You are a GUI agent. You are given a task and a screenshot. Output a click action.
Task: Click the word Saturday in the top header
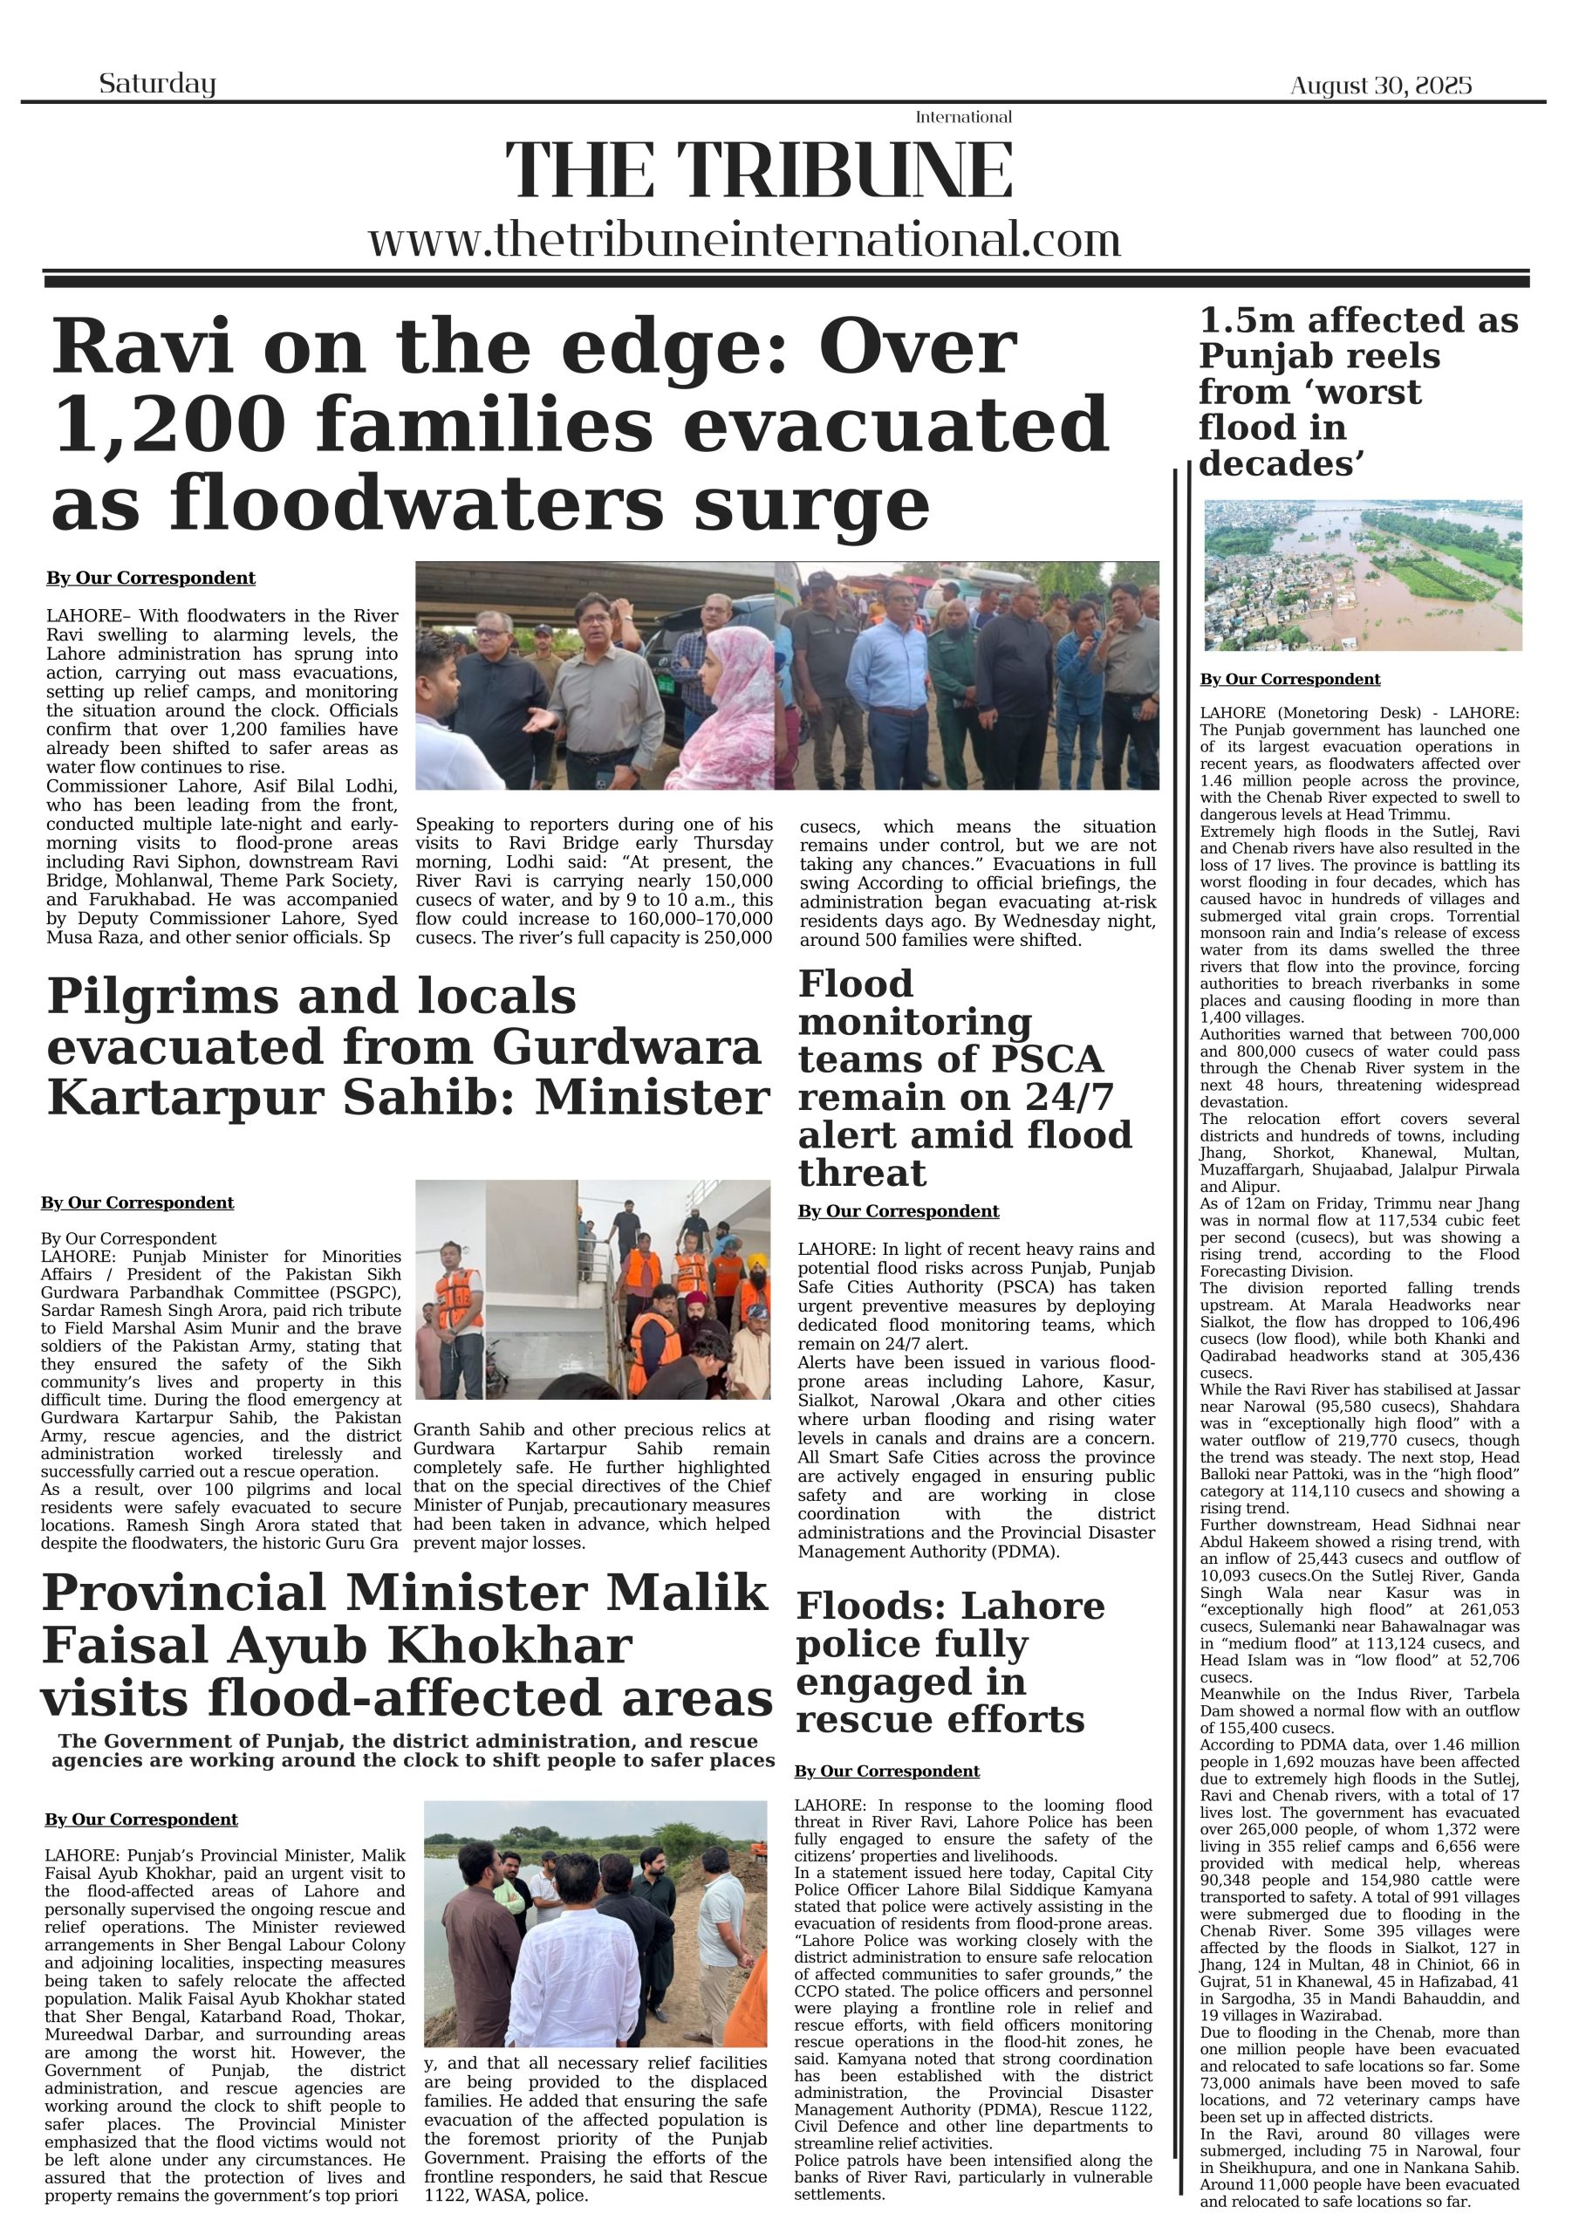pos(157,84)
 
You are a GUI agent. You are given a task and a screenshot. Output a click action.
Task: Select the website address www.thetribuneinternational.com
pos(744,239)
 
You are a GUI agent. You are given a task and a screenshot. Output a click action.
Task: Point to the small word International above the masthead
pos(963,118)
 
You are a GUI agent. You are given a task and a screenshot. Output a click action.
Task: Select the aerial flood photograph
pos(1362,574)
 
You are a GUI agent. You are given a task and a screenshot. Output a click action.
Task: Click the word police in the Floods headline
pos(912,1644)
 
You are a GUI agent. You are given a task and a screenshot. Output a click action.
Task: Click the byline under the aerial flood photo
pos(1289,679)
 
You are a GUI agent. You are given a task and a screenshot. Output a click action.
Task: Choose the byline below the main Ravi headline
pos(151,578)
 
